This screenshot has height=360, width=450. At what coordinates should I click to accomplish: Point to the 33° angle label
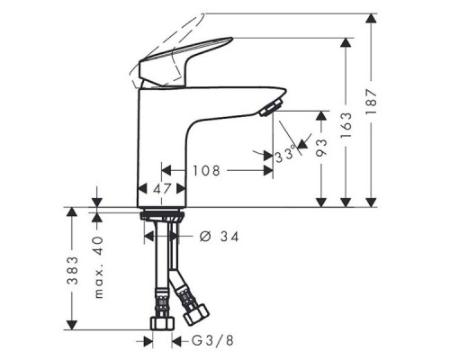coord(286,155)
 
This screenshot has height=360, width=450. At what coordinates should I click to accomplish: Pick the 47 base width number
coord(162,189)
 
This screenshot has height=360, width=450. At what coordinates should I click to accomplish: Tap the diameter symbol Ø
coord(203,236)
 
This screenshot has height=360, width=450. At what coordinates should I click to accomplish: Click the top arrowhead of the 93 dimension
coord(320,115)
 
